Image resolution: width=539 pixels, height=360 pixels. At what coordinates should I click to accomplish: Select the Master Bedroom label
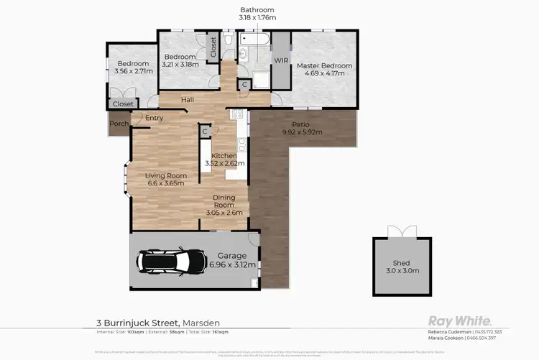click(324, 66)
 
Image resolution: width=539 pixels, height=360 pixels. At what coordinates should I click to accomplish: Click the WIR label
click(280, 60)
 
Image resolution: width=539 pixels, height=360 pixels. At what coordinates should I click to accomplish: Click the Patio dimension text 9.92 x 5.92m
click(303, 131)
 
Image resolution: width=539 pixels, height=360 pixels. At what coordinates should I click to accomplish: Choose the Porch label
click(118, 124)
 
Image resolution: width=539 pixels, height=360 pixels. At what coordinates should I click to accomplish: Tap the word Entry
click(154, 118)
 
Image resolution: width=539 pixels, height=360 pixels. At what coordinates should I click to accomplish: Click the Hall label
click(188, 100)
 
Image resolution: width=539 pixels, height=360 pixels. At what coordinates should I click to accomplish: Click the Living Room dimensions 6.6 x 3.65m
click(165, 183)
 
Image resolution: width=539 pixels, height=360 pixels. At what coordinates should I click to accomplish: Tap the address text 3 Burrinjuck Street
click(138, 323)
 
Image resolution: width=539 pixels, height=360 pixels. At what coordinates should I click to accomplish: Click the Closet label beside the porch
click(124, 104)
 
